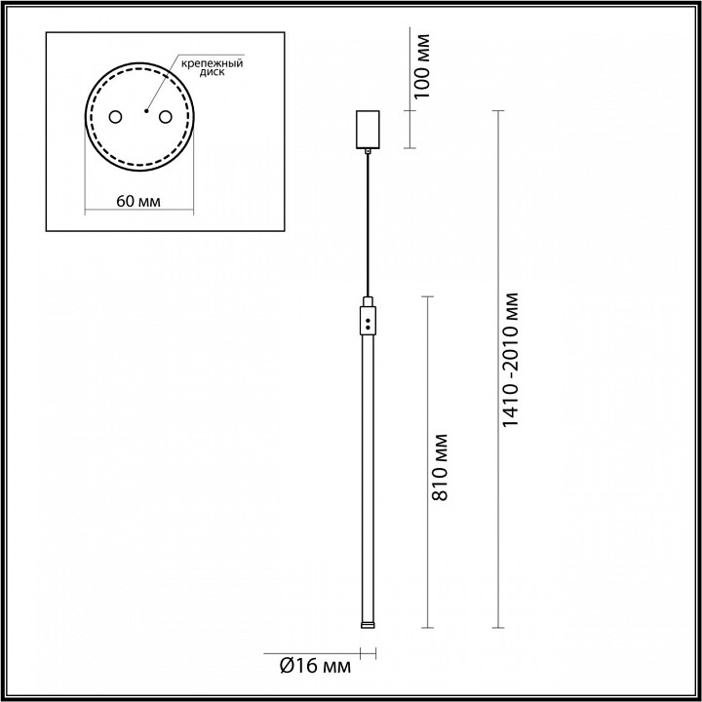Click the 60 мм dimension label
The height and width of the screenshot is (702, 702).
pos(137,202)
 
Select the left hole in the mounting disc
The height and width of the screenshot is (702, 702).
pos(115,117)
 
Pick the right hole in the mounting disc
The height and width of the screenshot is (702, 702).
pos(165,117)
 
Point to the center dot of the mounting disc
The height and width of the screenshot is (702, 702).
pos(142,111)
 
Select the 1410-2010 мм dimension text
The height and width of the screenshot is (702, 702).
pos(515,360)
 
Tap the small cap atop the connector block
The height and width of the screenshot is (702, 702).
pos(368,300)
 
